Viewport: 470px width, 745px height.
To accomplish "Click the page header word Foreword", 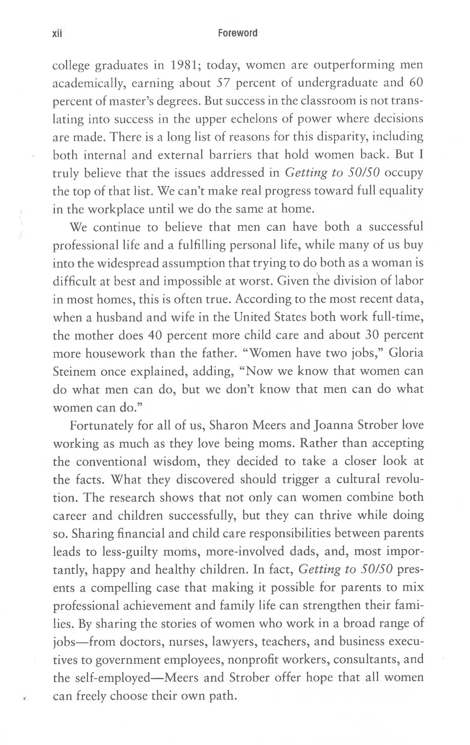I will tap(238, 33).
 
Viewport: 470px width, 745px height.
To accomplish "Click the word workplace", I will tap(115, 209).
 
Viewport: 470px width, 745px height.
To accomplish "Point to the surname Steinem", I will tap(74, 372).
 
